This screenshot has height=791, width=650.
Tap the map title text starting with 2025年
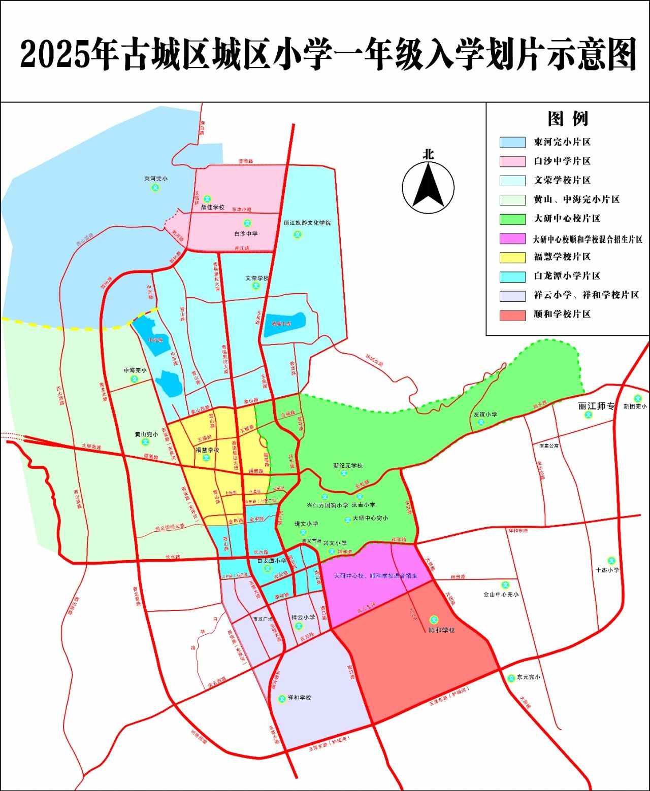(x=328, y=53)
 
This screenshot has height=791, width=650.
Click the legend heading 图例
(x=568, y=119)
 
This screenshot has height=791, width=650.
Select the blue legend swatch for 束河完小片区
(x=512, y=142)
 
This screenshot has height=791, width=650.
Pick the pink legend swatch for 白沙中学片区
(x=512, y=161)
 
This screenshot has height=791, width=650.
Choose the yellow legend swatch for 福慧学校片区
(x=512, y=257)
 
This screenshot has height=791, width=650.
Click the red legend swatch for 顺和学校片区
(x=512, y=315)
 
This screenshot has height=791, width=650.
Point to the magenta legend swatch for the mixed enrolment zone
(x=512, y=238)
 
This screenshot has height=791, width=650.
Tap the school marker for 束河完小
(x=156, y=188)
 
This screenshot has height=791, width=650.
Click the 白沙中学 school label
(x=246, y=233)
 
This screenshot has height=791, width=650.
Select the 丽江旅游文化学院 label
(x=307, y=223)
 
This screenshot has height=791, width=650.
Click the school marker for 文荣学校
(x=255, y=286)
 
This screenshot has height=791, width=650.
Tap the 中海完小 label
(x=135, y=370)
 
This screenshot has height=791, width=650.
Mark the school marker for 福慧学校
(x=206, y=457)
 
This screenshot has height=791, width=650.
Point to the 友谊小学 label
(x=485, y=414)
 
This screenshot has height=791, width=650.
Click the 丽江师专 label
(x=596, y=406)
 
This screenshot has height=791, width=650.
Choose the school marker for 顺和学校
(x=434, y=620)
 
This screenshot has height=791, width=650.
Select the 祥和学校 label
(x=299, y=698)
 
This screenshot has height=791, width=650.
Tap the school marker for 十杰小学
(x=612, y=561)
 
